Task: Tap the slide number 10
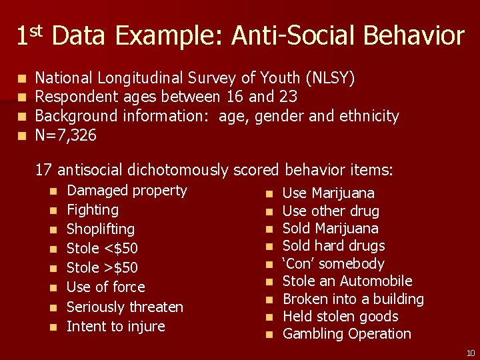point(470,353)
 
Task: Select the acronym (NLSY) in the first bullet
point(330,78)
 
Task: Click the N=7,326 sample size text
point(65,136)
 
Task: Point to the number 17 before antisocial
point(44,170)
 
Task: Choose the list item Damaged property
point(127,191)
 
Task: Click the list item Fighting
point(93,210)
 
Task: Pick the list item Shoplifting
point(101,229)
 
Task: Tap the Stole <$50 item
point(102,249)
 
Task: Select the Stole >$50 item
point(102,268)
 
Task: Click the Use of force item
point(105,287)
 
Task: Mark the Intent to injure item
point(115,327)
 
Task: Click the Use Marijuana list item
point(329,193)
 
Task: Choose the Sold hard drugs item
point(333,246)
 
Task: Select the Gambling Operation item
point(347,334)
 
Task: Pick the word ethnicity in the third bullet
point(369,117)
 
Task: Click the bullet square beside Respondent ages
point(23,98)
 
